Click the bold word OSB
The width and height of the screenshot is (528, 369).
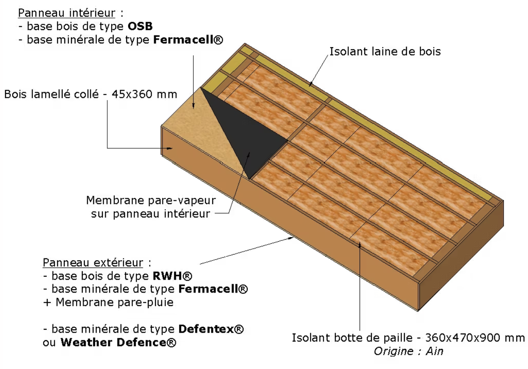click(x=140, y=26)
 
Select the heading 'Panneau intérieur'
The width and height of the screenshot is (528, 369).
click(x=66, y=13)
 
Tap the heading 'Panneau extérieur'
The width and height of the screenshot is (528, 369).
click(x=93, y=263)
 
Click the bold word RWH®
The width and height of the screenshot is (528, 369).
click(x=172, y=276)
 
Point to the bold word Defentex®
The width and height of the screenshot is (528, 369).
click(x=211, y=329)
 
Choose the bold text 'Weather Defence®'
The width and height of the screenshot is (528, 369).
click(x=118, y=342)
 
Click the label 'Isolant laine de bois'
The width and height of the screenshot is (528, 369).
click(x=385, y=52)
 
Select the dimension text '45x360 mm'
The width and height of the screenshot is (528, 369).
click(x=144, y=94)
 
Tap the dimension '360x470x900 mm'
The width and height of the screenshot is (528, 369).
click(x=475, y=338)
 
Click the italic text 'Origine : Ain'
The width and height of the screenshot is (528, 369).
click(x=409, y=351)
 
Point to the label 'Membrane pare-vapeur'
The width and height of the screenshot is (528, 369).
click(x=151, y=200)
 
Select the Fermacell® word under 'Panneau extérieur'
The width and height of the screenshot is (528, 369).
click(x=213, y=289)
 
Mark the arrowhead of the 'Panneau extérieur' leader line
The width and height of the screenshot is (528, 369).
click(x=292, y=238)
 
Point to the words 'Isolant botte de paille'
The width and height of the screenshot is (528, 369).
click(x=352, y=338)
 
